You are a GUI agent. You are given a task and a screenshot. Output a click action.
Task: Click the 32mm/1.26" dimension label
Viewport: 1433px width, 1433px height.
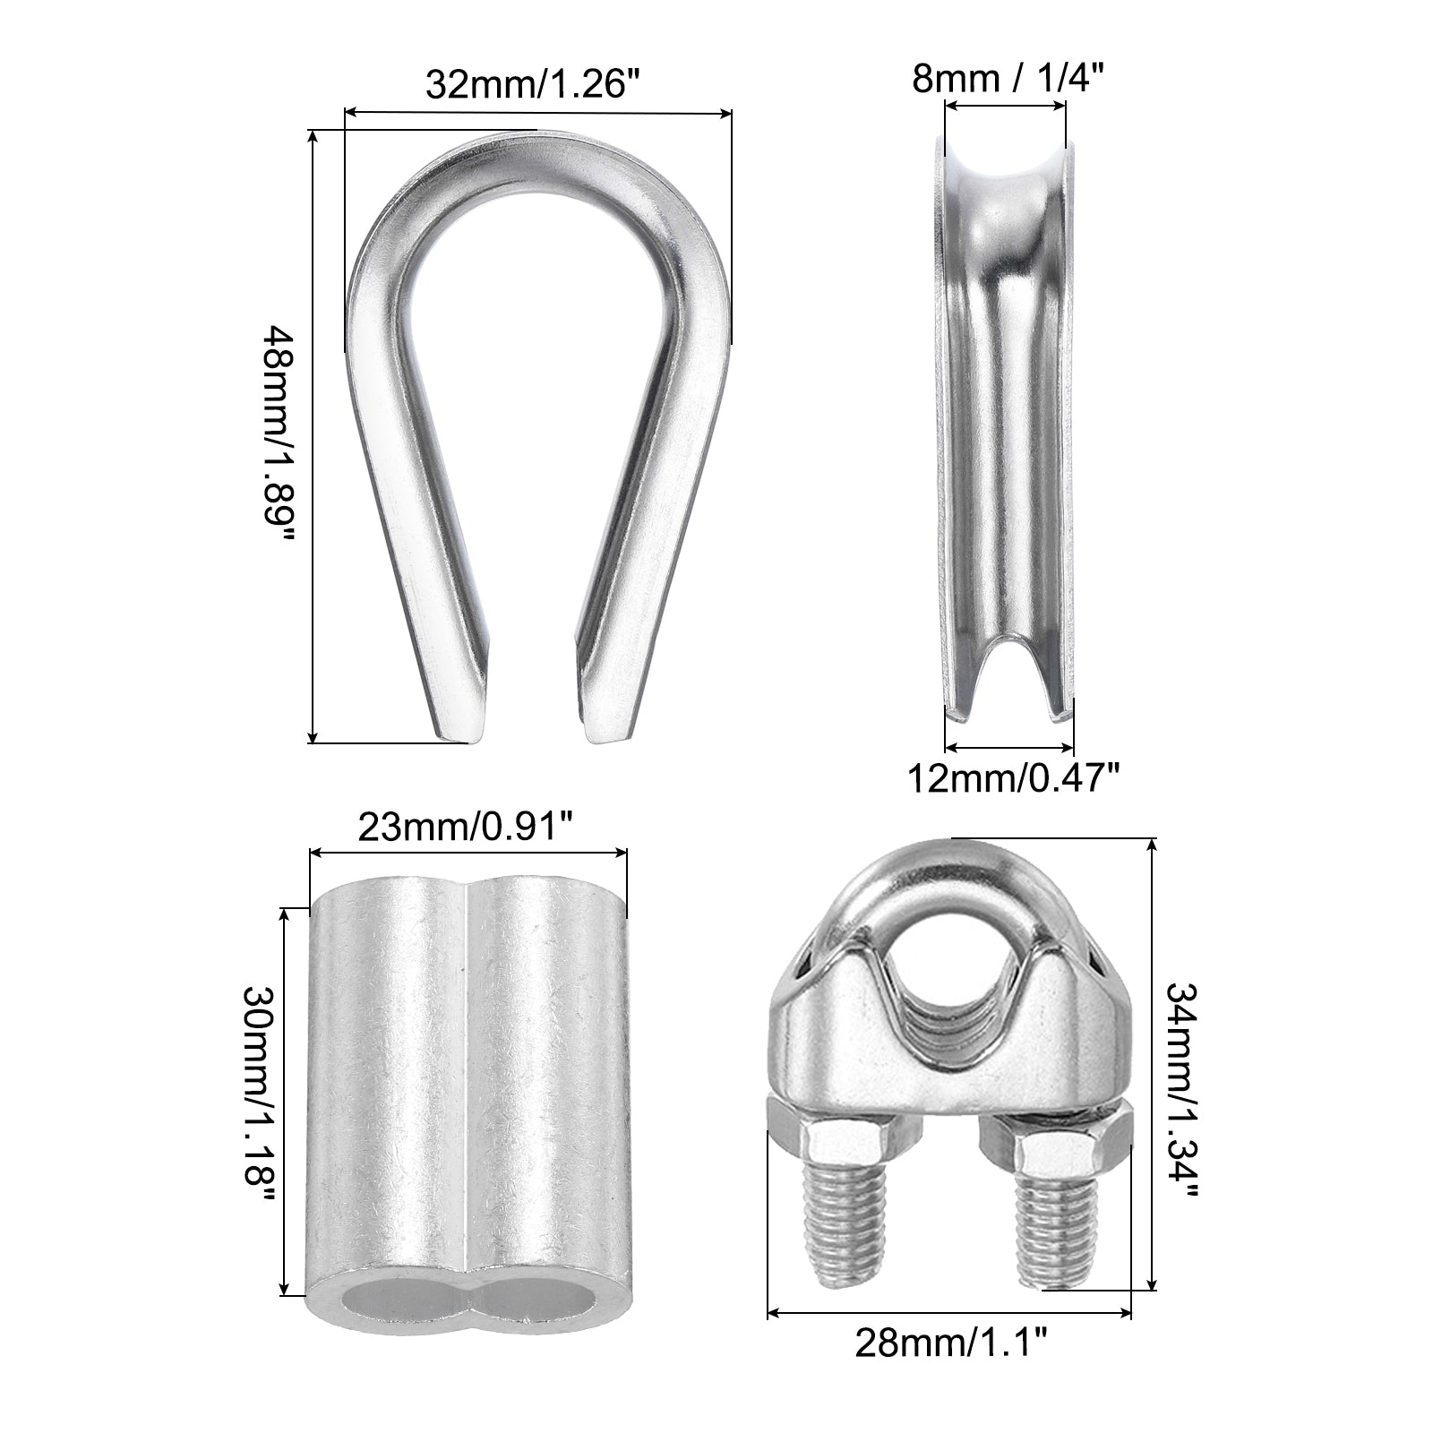coord(535,84)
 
